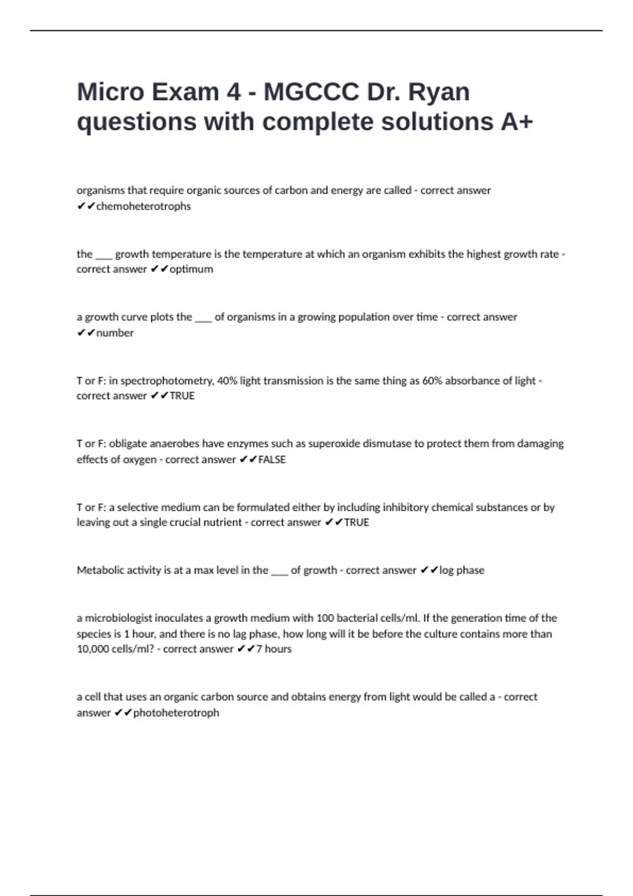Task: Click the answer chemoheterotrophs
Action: click(x=143, y=206)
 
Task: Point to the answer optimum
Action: click(x=191, y=269)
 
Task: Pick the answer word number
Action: click(x=115, y=333)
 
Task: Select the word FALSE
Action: click(x=272, y=460)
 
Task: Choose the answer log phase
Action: click(x=462, y=570)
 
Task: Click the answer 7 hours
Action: click(x=274, y=649)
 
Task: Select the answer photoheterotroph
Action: click(x=176, y=713)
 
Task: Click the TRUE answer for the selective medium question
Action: click(x=357, y=522)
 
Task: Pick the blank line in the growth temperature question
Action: click(x=104, y=256)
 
